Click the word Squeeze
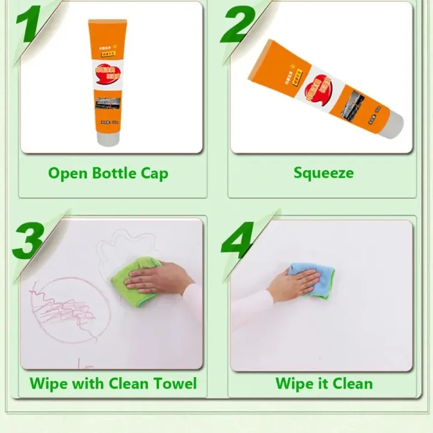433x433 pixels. click(x=324, y=173)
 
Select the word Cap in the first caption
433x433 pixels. click(x=154, y=174)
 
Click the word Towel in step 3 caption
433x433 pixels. click(x=174, y=383)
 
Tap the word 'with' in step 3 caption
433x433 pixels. click(x=87, y=383)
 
